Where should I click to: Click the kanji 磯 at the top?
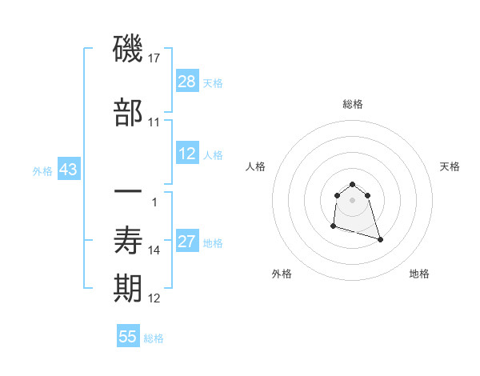pyautogui.click(x=128, y=50)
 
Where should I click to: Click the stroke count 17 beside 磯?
pyautogui.click(x=154, y=58)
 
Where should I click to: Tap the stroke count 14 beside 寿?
pyautogui.click(x=154, y=250)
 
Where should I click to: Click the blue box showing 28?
pyautogui.click(x=187, y=82)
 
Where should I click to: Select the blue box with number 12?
pyautogui.click(x=187, y=154)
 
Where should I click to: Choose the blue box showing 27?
pyautogui.click(x=187, y=242)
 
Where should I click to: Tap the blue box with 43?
pyautogui.click(x=67, y=170)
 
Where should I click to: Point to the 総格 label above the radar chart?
pyautogui.click(x=353, y=104)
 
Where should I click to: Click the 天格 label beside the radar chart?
pyautogui.click(x=450, y=166)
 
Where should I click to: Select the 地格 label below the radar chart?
pyautogui.click(x=419, y=274)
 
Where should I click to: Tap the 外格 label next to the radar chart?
pyautogui.click(x=282, y=274)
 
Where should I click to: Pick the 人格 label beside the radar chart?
pyautogui.click(x=256, y=166)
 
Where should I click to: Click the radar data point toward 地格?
pyautogui.click(x=380, y=239)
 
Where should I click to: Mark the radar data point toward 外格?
pyautogui.click(x=333, y=226)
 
